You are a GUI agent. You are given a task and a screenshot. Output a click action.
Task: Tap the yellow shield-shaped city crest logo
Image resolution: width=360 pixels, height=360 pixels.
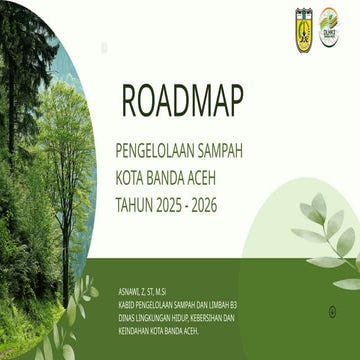tap(304, 22)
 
